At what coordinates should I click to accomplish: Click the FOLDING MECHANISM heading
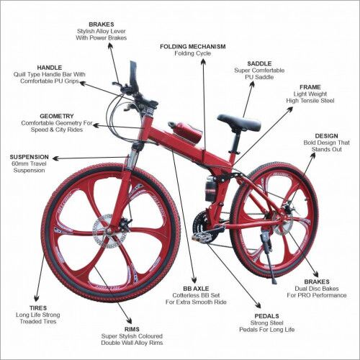click(x=192, y=46)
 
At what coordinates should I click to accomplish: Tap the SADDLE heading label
click(x=259, y=63)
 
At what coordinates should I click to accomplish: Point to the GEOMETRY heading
click(x=57, y=116)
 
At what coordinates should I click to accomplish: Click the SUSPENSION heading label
click(x=29, y=156)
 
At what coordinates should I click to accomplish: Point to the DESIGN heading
click(x=326, y=135)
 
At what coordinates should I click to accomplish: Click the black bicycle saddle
click(x=238, y=122)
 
